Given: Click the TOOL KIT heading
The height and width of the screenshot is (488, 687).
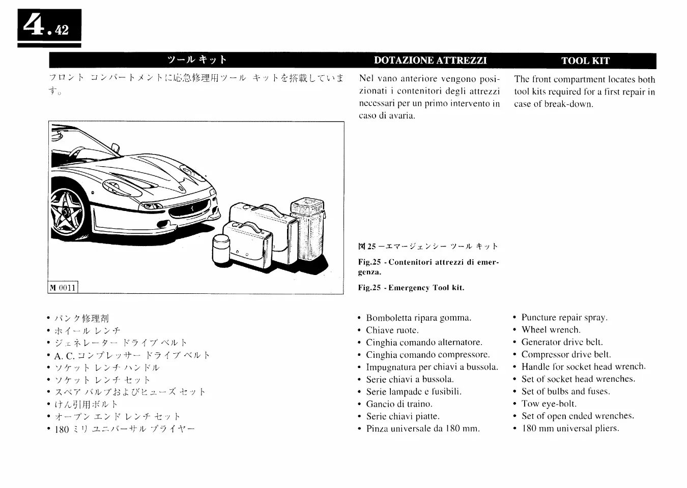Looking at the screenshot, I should (x=585, y=60).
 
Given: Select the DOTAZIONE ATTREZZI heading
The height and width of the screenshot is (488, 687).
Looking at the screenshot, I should (x=430, y=60).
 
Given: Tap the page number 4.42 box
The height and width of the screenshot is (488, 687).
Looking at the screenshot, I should (x=49, y=27).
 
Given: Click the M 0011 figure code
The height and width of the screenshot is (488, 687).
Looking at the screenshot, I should (x=63, y=288).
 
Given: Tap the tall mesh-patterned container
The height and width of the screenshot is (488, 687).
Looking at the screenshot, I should (x=307, y=232).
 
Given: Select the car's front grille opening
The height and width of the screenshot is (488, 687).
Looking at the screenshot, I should (x=189, y=209).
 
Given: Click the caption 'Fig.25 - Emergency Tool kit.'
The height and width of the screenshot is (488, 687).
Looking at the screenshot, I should (x=411, y=288).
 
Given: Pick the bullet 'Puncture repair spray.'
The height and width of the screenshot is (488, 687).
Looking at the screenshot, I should (x=564, y=318).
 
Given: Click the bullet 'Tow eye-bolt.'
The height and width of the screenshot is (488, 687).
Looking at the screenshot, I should (x=549, y=404).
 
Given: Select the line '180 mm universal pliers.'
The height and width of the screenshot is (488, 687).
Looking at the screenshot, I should (x=570, y=428).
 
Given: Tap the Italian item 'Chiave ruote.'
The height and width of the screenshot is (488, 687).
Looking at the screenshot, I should (x=392, y=330).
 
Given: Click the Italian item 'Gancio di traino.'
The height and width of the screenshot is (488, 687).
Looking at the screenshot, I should (x=399, y=404).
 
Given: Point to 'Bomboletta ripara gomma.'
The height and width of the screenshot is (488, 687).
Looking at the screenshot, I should (x=418, y=318).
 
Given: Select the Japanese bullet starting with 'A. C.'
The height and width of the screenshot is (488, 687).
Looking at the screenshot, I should (x=132, y=355).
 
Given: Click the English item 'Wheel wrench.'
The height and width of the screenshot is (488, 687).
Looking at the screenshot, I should (x=551, y=330).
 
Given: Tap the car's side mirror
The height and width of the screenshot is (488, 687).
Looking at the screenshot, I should (x=116, y=147).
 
